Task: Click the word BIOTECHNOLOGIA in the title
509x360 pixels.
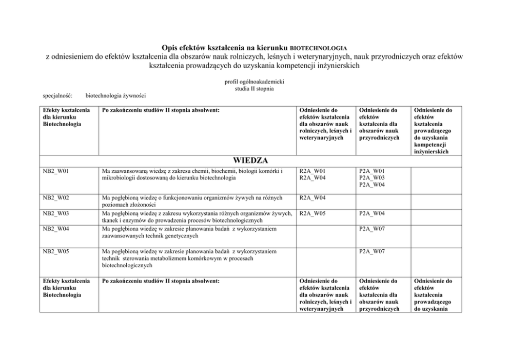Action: point(322,48)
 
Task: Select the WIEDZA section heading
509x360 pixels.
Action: point(251,161)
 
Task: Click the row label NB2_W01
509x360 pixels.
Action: point(55,171)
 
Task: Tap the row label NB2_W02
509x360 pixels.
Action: point(55,197)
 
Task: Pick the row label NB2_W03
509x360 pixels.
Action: point(55,213)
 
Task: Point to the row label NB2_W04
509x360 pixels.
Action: point(55,229)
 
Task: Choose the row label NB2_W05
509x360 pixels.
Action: point(55,252)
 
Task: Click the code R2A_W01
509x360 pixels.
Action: point(312,171)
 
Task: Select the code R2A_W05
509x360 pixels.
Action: point(312,213)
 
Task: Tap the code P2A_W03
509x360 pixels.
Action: point(372,178)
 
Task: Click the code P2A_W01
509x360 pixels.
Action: point(372,171)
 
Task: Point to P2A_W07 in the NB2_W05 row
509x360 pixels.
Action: point(372,252)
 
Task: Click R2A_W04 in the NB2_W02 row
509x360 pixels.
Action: point(312,197)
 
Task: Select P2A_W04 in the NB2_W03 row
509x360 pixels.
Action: point(372,213)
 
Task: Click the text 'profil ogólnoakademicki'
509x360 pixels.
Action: point(254,82)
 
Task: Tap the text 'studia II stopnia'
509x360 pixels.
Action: point(254,88)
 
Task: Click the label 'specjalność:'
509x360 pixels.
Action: point(57,95)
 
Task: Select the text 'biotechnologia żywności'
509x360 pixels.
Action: point(116,95)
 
